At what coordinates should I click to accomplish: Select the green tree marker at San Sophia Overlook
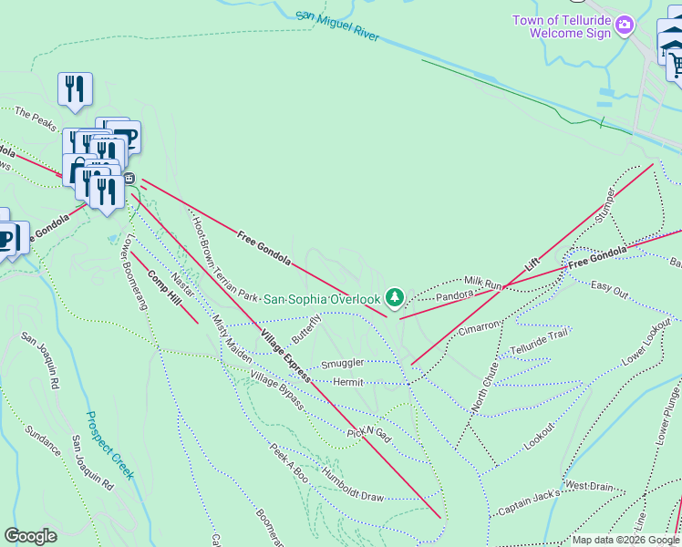coord(394,296)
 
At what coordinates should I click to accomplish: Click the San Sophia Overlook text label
coord(322,299)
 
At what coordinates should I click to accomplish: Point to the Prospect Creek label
coord(109,445)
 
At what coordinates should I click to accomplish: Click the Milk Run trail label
coord(483,284)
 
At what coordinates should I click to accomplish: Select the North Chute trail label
coord(484,387)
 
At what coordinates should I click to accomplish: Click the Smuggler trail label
coord(342,362)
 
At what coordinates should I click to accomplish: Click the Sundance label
coord(43,441)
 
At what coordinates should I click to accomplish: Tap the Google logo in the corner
coord(30,536)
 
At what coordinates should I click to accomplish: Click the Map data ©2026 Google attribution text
coord(625,540)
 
